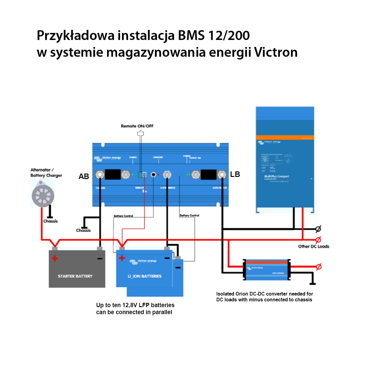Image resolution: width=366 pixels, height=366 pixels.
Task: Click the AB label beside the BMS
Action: tap(84, 177)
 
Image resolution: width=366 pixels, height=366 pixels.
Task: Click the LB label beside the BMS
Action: tap(235, 174)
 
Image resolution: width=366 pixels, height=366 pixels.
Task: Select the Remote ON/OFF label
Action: tap(137, 126)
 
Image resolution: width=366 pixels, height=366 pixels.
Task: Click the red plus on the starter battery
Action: tap(55, 259)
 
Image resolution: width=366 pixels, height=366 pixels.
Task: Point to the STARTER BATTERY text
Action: tap(75, 276)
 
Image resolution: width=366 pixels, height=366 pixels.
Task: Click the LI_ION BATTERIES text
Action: tap(144, 276)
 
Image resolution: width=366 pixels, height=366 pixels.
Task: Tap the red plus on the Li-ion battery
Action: tap(122, 258)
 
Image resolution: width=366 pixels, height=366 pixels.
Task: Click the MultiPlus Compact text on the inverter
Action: tap(276, 176)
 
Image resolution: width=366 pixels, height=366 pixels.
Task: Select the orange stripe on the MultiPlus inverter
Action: tap(285, 138)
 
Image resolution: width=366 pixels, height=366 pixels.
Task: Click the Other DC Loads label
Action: tap(314, 246)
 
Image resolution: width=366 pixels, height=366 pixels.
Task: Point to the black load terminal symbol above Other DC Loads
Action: tap(318, 229)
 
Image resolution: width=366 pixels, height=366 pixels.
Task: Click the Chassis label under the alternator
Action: tap(50, 221)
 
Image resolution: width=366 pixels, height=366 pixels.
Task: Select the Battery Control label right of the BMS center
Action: tap(189, 215)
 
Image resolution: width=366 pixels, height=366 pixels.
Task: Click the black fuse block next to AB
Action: tap(113, 174)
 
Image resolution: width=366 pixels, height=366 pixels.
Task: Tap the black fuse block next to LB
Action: tap(209, 175)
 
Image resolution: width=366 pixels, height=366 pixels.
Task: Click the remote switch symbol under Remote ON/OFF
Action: tap(141, 134)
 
